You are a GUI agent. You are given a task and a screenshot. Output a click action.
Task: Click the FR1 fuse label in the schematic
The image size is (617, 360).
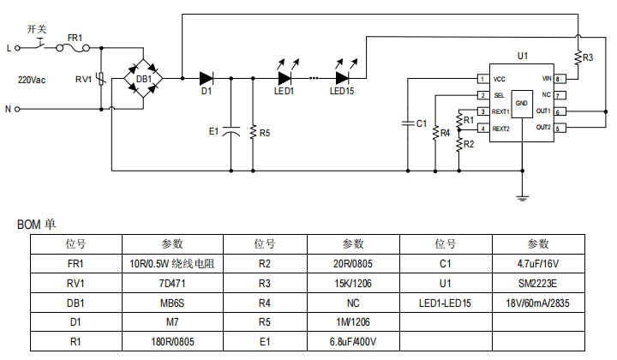point(75,38)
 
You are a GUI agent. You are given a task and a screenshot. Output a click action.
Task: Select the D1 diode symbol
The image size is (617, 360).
point(206,78)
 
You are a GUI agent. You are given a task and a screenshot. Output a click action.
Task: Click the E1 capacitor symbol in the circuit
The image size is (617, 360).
point(231,132)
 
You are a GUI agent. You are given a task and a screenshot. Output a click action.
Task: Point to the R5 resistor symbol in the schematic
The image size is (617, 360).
point(253,133)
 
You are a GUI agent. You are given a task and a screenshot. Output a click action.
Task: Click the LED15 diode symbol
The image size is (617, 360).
point(342,78)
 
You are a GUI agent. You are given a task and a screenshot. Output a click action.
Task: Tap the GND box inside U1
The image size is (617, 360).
point(523,103)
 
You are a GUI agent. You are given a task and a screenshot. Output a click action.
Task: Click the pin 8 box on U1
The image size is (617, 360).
point(558,79)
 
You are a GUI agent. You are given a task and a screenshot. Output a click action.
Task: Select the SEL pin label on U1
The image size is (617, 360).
point(499,95)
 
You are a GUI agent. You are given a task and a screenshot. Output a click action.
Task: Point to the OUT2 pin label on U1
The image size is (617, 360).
point(543,128)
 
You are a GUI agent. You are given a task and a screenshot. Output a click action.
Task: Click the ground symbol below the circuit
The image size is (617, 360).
point(522,199)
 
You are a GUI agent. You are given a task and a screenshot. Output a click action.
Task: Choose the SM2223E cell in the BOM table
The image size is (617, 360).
point(537,284)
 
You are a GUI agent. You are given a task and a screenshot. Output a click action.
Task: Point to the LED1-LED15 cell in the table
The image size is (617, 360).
point(446,303)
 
